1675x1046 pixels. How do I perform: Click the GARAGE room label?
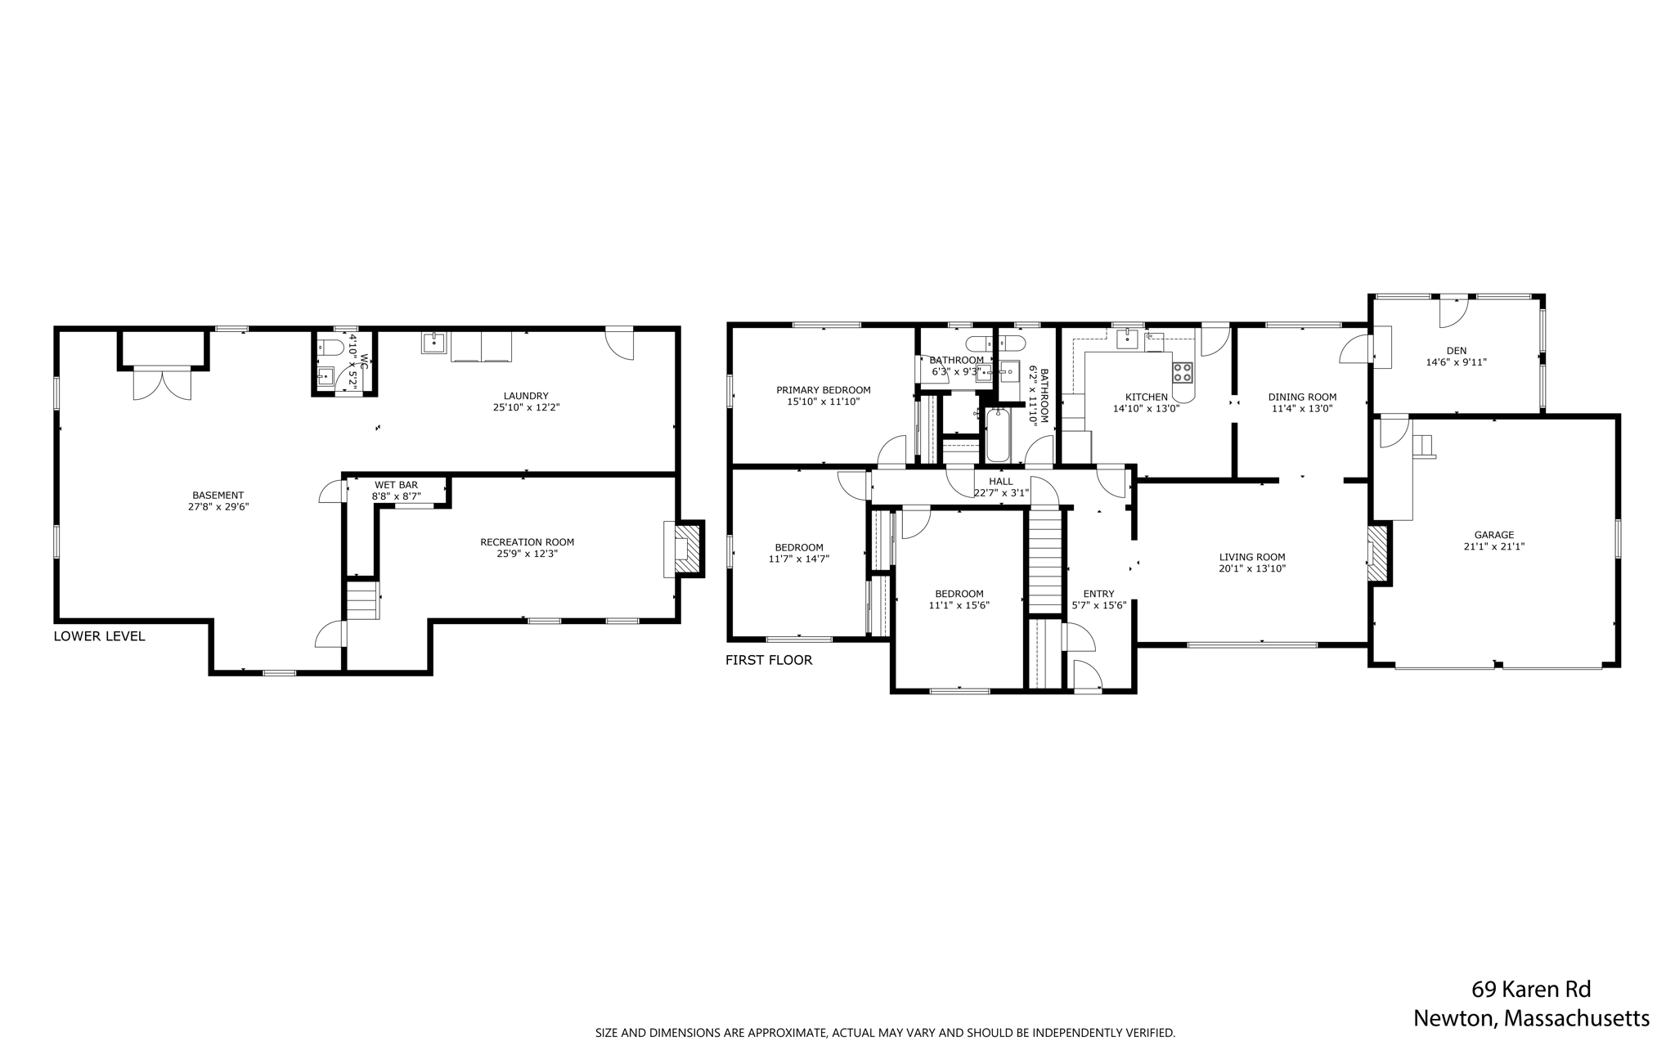(x=1493, y=535)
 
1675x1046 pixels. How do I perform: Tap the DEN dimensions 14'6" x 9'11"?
(x=1456, y=361)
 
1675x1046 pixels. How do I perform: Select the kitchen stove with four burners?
(x=1183, y=373)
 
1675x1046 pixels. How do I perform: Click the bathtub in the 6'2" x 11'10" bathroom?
(x=998, y=435)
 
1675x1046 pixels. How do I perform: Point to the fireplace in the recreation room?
(x=686, y=548)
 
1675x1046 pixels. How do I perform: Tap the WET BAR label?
(x=397, y=485)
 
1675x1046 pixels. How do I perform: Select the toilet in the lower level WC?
(x=328, y=347)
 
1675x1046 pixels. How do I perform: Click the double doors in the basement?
(x=162, y=383)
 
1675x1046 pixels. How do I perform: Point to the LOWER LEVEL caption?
(x=99, y=636)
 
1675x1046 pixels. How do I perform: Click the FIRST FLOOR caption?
(x=769, y=660)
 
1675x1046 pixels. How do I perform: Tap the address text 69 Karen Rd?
(x=1531, y=990)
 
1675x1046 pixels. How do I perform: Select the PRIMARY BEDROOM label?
(x=823, y=390)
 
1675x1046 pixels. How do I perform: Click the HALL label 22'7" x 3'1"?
(x=1000, y=487)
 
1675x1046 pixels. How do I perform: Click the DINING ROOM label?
(x=1302, y=397)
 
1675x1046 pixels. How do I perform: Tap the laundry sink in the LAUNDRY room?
(x=433, y=342)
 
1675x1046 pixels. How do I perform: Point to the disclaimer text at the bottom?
(x=885, y=1033)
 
